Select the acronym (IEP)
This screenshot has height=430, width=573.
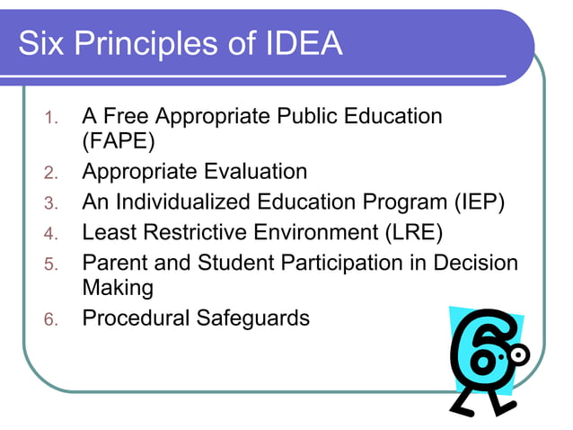(472, 202)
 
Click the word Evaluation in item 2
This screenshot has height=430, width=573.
(255, 171)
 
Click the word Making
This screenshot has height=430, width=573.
(118, 288)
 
